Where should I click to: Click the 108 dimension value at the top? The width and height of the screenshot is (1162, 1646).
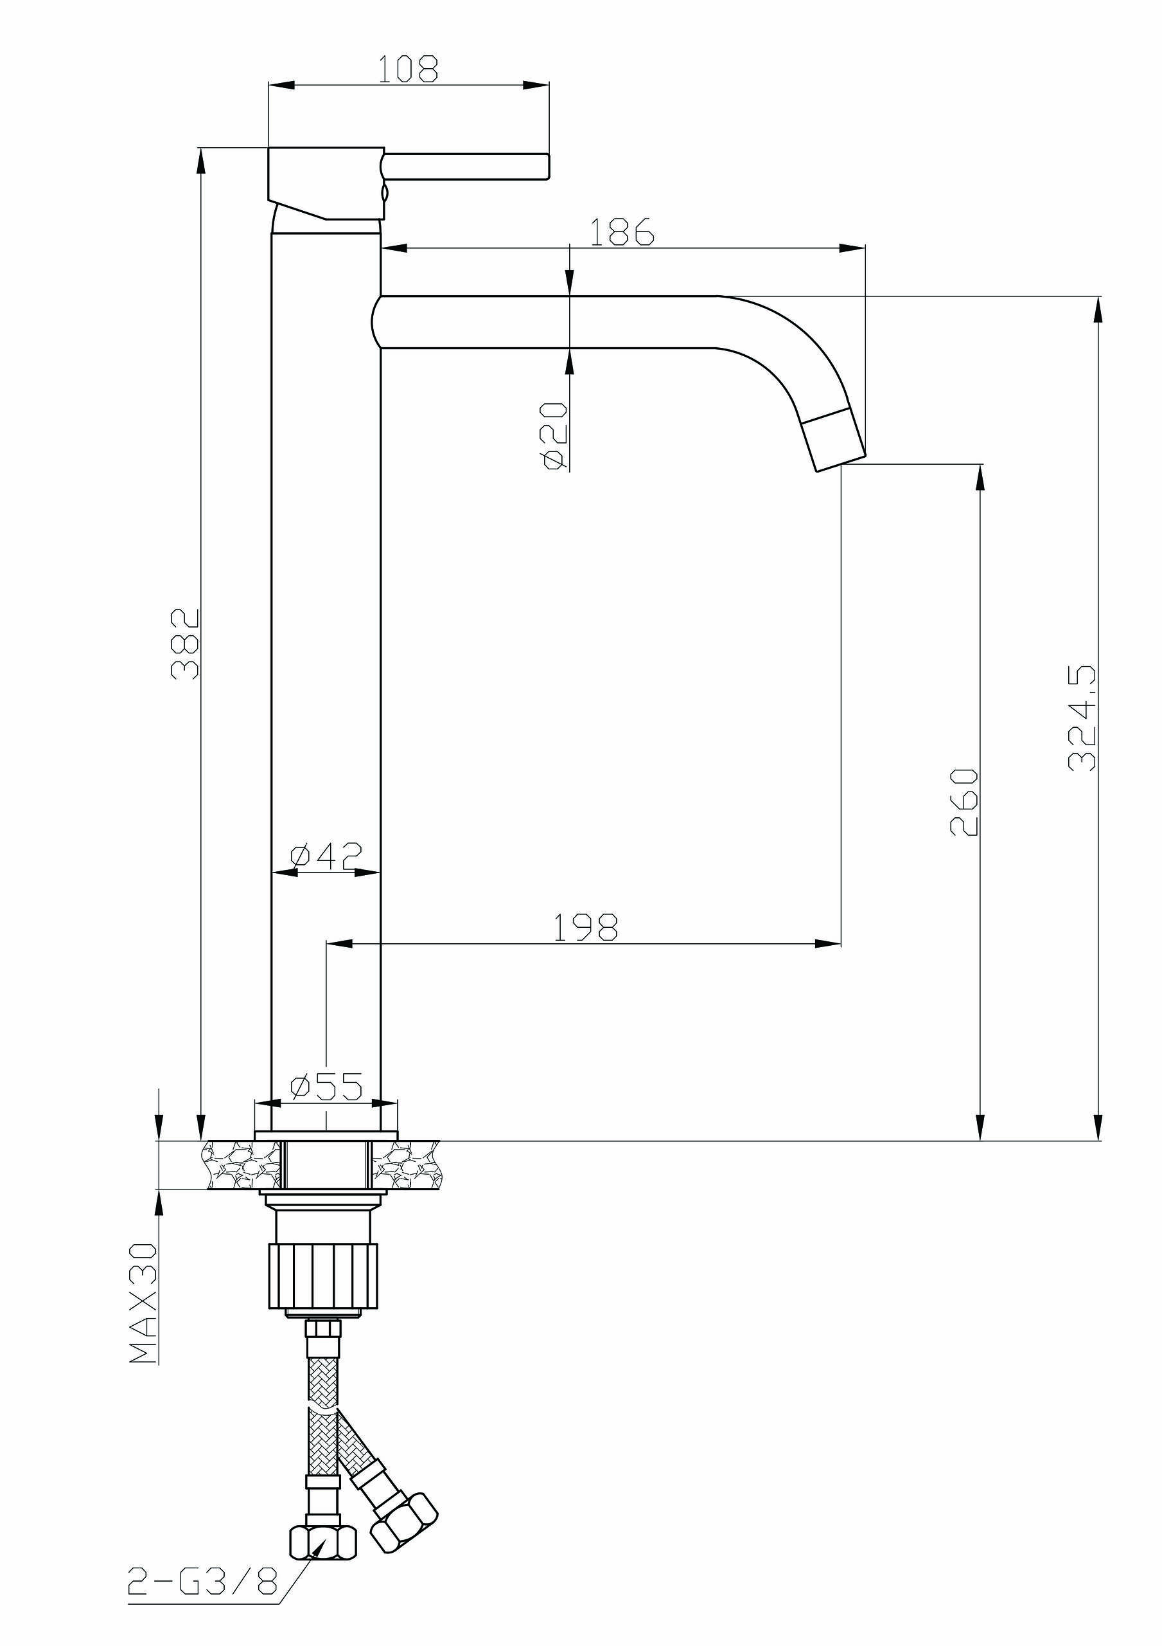tap(408, 69)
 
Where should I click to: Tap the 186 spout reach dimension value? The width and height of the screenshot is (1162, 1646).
tap(622, 231)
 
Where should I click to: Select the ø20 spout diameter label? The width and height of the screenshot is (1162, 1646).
tap(555, 435)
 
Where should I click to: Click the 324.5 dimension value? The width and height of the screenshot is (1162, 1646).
tap(1082, 717)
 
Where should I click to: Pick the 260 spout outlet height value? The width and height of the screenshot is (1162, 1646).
tap(964, 802)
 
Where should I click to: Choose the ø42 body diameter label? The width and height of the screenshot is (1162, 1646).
tap(326, 855)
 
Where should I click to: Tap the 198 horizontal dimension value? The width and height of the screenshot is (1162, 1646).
tap(585, 927)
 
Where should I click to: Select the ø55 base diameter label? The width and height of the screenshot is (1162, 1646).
tap(326, 1087)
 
